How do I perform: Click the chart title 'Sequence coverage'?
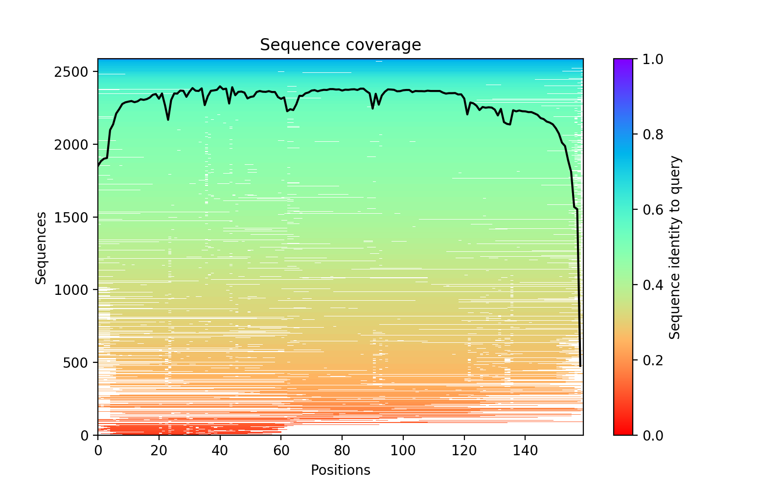point(340,45)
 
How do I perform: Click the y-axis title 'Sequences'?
point(41,247)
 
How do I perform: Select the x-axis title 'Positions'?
point(340,470)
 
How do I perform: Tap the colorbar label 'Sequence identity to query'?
point(675,247)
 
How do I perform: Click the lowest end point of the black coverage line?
point(580,366)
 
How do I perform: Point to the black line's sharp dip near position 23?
point(168,120)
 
